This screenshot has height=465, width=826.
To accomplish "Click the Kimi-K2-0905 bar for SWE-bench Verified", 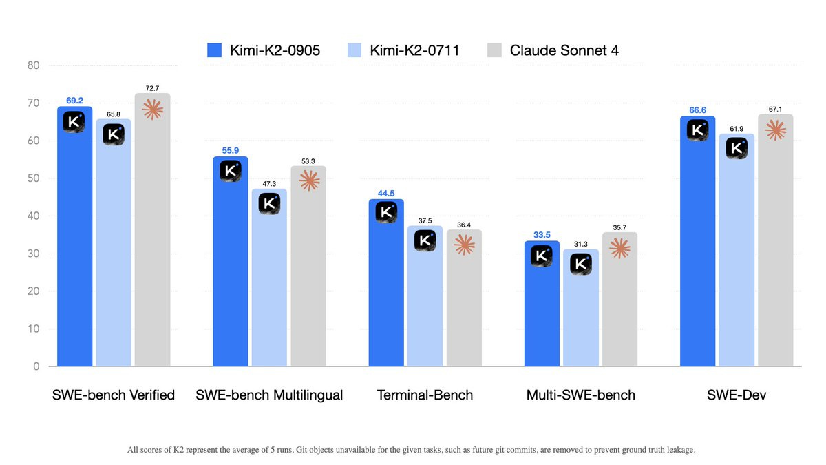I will pyautogui.click(x=74, y=241).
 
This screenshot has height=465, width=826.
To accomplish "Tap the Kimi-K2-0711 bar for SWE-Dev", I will pyautogui.click(x=737, y=255).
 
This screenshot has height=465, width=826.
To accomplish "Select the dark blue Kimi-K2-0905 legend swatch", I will pyautogui.click(x=214, y=50).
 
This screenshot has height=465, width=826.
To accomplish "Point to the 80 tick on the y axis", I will pyautogui.click(x=33, y=66).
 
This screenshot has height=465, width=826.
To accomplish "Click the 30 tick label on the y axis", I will pyautogui.click(x=33, y=254).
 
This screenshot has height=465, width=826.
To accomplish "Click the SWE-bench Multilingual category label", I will pyautogui.click(x=269, y=395).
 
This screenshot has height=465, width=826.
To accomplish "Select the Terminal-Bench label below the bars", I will pyautogui.click(x=425, y=395).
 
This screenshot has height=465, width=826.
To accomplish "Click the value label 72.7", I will pyautogui.click(x=152, y=89).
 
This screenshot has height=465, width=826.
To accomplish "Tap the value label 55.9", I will pyautogui.click(x=231, y=149).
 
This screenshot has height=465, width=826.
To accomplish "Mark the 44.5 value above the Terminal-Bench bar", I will pyautogui.click(x=386, y=193).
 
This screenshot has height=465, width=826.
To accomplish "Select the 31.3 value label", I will pyautogui.click(x=581, y=244).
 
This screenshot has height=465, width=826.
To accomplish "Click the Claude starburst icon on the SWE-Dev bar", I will pyautogui.click(x=776, y=130).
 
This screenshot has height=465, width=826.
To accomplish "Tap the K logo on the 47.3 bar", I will pyautogui.click(x=269, y=204).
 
